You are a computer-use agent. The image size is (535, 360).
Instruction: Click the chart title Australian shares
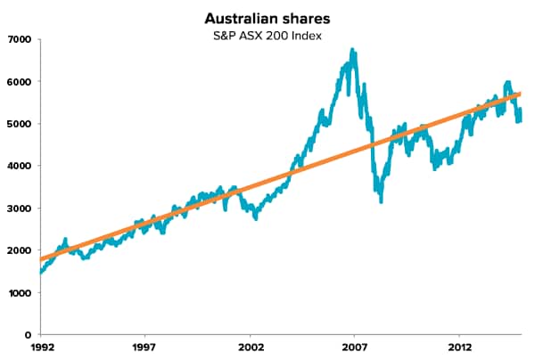(x=267, y=18)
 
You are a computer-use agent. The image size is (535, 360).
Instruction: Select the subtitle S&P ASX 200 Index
(x=267, y=36)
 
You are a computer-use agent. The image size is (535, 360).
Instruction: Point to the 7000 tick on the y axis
(x=19, y=39)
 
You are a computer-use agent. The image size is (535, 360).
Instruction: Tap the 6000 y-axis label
(x=19, y=81)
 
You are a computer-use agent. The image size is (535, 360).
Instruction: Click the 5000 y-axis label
(x=19, y=124)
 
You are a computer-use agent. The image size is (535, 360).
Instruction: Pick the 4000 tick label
(x=19, y=166)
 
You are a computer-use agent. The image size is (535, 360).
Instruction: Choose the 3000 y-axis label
(x=19, y=209)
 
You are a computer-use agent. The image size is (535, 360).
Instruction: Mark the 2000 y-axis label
(x=19, y=250)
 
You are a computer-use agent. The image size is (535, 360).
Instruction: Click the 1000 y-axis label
(x=19, y=293)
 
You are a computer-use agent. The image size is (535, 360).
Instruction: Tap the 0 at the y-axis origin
(x=29, y=335)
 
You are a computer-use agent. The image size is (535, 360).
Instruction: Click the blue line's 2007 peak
(x=354, y=51)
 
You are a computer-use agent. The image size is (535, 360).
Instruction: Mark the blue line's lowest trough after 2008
(x=381, y=200)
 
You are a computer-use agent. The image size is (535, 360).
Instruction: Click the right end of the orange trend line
(x=520, y=94)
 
